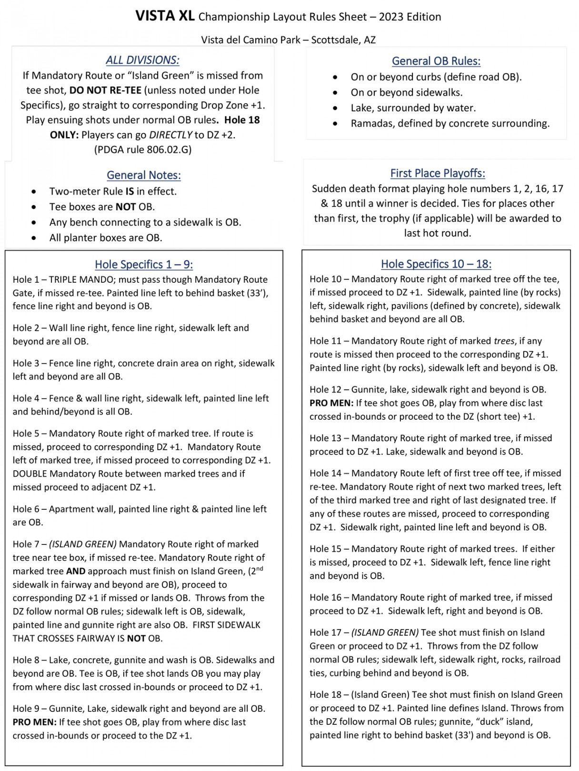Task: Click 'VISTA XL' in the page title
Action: pyautogui.click(x=165, y=16)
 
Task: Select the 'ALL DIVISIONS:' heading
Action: pyautogui.click(x=142, y=60)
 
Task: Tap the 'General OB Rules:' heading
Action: pyautogui.click(x=436, y=61)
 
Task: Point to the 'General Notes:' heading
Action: pyautogui.click(x=144, y=176)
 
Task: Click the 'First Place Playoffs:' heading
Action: pyautogui.click(x=438, y=174)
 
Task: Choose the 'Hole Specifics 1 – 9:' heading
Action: pyautogui.click(x=144, y=265)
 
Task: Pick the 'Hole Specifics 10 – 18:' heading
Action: pyautogui.click(x=436, y=264)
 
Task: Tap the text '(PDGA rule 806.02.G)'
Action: pyautogui.click(x=143, y=150)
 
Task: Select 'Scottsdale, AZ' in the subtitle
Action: pyautogui.click(x=343, y=40)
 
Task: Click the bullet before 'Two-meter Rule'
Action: pyautogui.click(x=34, y=192)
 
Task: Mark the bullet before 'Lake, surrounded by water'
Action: pyautogui.click(x=336, y=109)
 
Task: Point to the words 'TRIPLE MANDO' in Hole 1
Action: pyautogui.click(x=80, y=280)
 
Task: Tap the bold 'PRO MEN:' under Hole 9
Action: pyautogui.click(x=34, y=722)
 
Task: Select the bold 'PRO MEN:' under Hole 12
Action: pyautogui.click(x=331, y=403)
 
